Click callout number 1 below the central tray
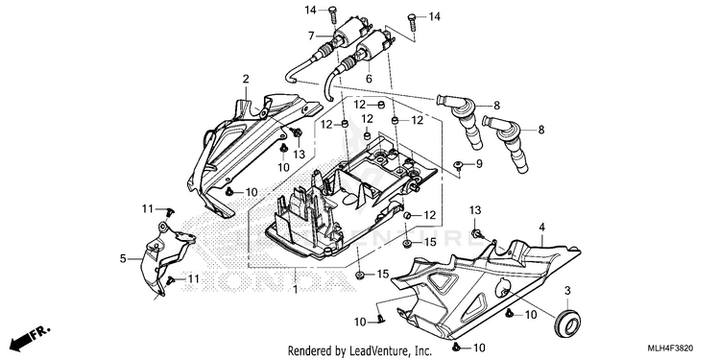[296, 290]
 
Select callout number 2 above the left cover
[246, 79]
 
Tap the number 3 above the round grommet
[567, 291]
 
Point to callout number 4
[541, 227]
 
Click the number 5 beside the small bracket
[123, 259]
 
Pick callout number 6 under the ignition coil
[369, 79]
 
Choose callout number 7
[311, 36]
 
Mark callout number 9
[479, 163]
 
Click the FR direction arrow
[30, 338]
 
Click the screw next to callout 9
[459, 165]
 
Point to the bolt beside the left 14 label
[332, 14]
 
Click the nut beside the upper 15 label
[407, 243]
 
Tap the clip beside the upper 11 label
[171, 211]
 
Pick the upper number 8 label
[496, 106]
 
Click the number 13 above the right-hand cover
[475, 210]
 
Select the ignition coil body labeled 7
[349, 34]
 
